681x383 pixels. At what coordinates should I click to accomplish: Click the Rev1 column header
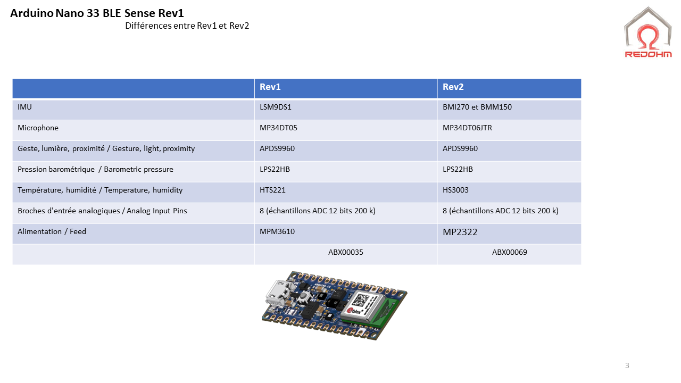coord(270,87)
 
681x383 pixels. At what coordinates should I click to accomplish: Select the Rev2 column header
coord(453,87)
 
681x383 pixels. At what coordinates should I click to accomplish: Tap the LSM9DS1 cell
coord(276,107)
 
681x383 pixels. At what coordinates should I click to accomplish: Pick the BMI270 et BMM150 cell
coord(477,107)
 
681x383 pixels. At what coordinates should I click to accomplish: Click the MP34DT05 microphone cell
coord(278,128)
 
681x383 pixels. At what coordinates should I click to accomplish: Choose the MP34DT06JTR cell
coord(471,128)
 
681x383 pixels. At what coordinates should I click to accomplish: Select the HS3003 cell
coord(455,190)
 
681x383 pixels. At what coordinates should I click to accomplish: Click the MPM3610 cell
coord(277,231)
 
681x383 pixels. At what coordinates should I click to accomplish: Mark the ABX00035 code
coord(346,252)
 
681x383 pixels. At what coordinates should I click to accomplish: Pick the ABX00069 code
coord(510,252)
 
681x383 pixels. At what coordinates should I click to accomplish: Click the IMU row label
coord(24,107)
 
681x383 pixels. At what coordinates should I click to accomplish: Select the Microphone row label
coord(38,128)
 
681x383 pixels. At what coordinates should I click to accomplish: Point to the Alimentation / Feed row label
coord(52,231)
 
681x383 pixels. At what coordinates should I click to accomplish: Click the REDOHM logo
coord(648,33)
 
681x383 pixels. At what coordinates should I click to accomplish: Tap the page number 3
coord(627,365)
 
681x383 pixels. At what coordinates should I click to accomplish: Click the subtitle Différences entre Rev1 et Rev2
coord(187,26)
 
